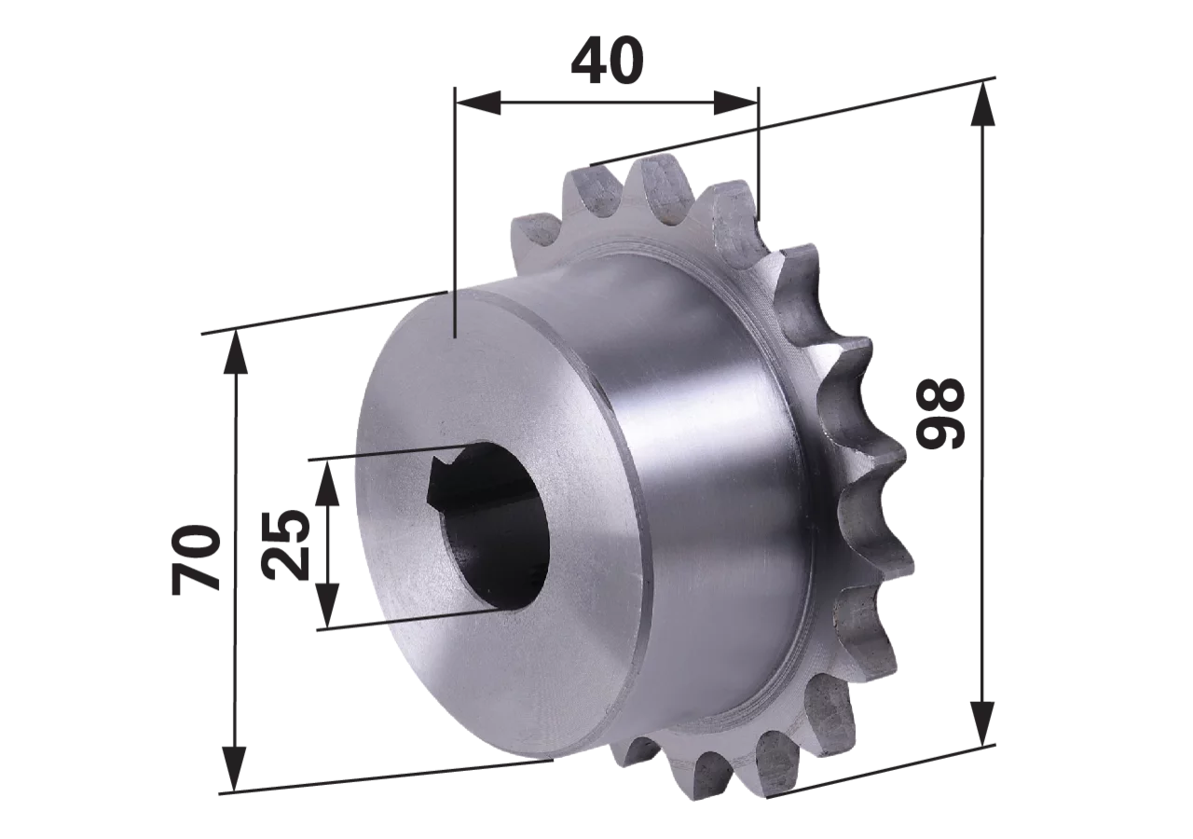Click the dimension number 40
click(607, 62)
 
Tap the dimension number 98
click(940, 413)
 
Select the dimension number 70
click(196, 559)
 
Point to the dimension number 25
click(286, 544)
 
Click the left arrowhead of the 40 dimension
click(478, 103)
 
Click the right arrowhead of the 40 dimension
click(736, 103)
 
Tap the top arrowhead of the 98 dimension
click(982, 104)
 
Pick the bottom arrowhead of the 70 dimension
click(235, 769)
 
